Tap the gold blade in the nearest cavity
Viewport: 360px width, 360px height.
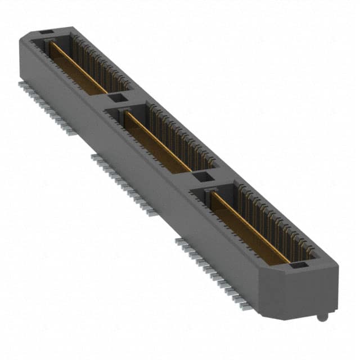247,225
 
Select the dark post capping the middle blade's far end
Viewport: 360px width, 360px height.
125,114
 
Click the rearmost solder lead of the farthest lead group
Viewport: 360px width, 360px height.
21,83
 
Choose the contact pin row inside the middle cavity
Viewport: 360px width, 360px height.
180,135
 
